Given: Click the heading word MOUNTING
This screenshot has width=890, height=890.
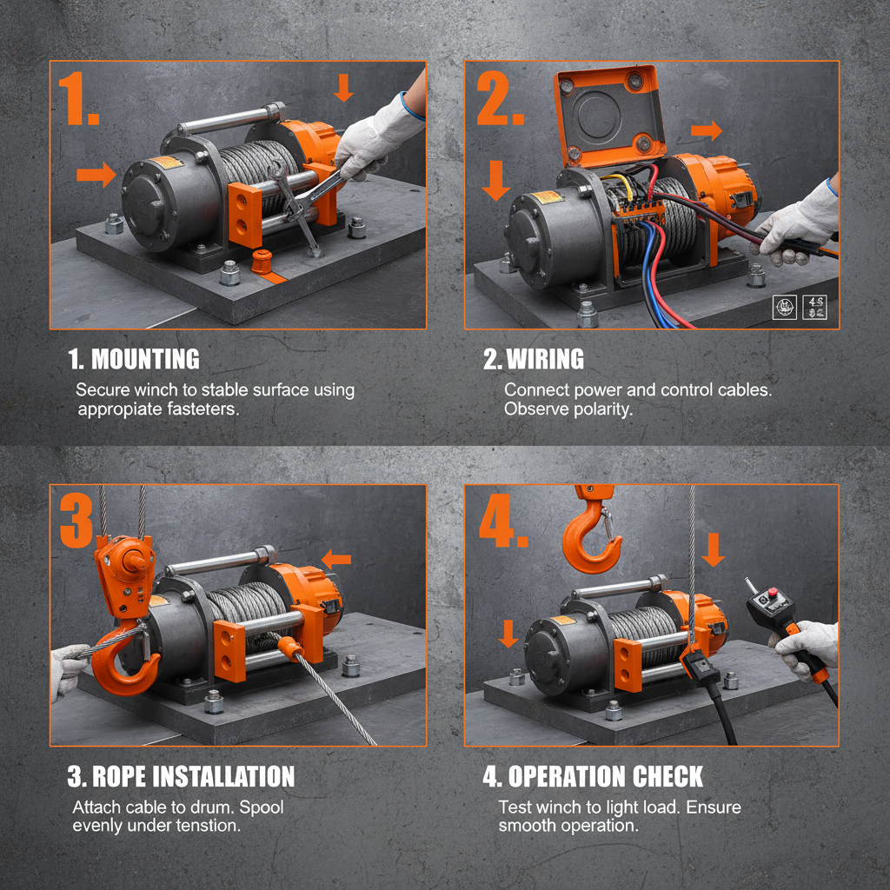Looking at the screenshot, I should (x=145, y=359).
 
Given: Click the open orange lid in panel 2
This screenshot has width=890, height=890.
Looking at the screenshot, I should (x=609, y=114).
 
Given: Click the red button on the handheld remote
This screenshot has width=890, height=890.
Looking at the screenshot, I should (x=771, y=594).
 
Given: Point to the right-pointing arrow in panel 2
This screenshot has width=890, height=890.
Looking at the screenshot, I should (x=707, y=131).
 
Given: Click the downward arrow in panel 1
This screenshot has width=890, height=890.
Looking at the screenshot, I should (x=344, y=88).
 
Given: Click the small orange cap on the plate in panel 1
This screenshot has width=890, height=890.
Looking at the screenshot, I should (x=262, y=260).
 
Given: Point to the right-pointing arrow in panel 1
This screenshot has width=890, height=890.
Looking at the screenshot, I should (x=96, y=175).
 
